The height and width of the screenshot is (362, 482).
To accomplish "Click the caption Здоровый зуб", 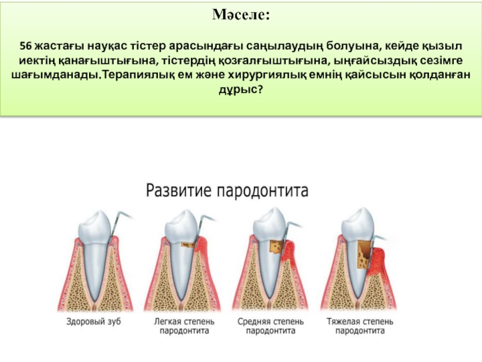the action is point(93,322).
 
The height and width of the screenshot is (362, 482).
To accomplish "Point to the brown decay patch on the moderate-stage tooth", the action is point(277,249).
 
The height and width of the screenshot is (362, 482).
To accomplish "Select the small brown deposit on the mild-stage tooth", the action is point(187,245).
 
